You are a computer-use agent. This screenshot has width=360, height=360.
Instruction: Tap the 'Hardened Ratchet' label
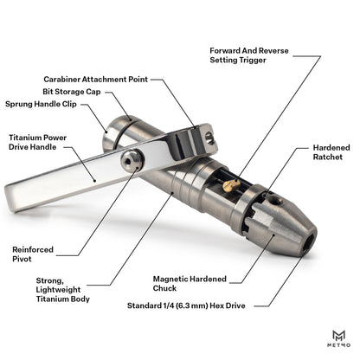(x=331, y=153)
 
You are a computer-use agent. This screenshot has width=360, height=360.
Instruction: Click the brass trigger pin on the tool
(x=226, y=184)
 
